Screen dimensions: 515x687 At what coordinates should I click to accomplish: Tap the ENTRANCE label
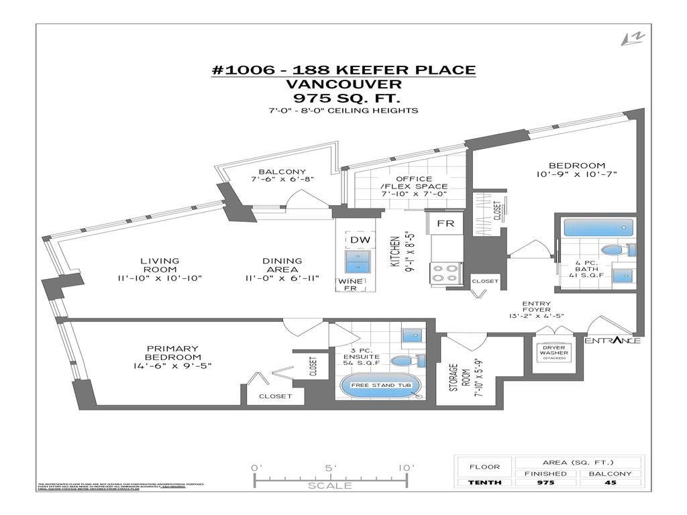pyautogui.click(x=612, y=341)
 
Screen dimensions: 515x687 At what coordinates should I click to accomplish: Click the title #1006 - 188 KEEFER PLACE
pyautogui.click(x=343, y=70)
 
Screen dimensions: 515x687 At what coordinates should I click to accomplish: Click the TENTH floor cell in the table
pyautogui.click(x=483, y=483)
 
